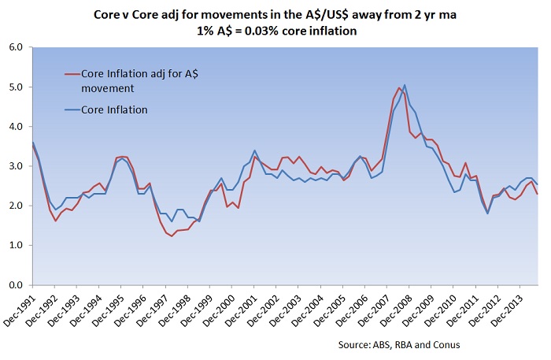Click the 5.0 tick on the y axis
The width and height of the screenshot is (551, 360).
tap(14, 87)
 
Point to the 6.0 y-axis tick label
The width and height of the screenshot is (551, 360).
tap(14, 47)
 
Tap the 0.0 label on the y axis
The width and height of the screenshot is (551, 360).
tap(14, 285)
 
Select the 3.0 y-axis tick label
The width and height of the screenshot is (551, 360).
tap(14, 166)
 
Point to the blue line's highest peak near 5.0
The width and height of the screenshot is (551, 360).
tap(405, 85)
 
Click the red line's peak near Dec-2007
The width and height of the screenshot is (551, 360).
tap(399, 87)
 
